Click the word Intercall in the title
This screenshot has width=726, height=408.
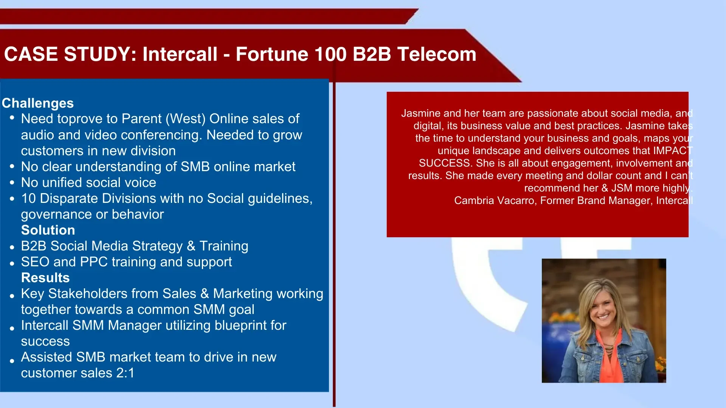pyautogui.click(x=180, y=54)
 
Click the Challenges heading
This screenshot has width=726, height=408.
pyautogui.click(x=38, y=103)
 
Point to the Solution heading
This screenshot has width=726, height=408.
pyautogui.click(x=48, y=230)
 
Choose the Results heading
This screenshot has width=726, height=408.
pyautogui.click(x=45, y=278)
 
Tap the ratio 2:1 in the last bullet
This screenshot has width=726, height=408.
pyautogui.click(x=125, y=373)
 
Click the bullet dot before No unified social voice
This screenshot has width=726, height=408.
pyautogui.click(x=12, y=182)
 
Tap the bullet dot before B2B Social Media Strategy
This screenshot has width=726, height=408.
pyautogui.click(x=12, y=247)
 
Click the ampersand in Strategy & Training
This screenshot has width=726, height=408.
pyautogui.click(x=191, y=246)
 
